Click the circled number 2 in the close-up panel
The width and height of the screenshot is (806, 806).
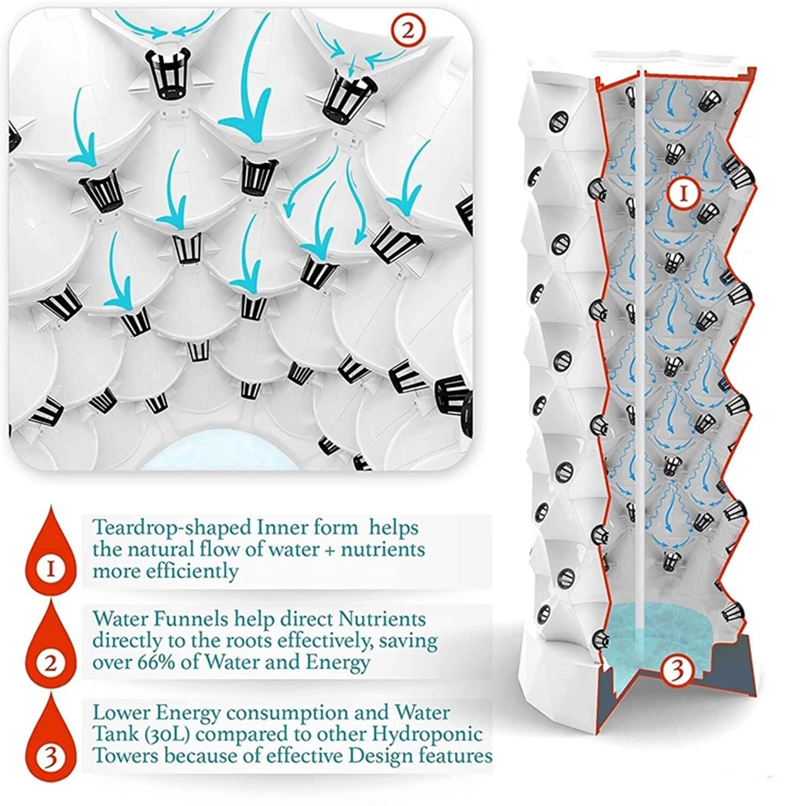pos(407,31)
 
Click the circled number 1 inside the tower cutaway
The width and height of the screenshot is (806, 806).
pos(683,194)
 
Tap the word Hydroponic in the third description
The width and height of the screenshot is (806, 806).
pos(427,734)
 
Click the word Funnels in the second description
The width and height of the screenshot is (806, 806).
pos(180,619)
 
